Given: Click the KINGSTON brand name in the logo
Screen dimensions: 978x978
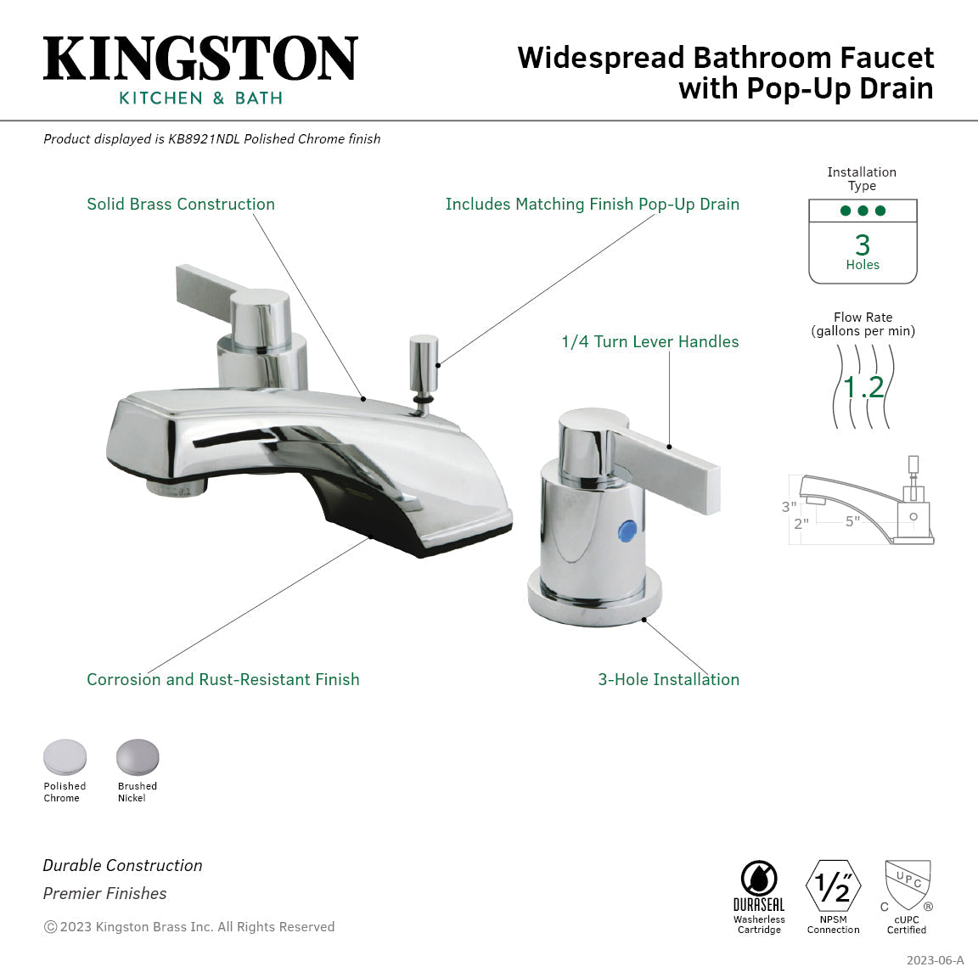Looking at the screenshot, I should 200,59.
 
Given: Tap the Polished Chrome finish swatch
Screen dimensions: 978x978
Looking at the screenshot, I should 65,756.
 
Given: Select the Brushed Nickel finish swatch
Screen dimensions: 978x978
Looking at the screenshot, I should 138,756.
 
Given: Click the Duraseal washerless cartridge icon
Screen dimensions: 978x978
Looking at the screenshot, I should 759,880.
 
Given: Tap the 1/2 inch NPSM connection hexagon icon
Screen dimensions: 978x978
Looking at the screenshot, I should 833,886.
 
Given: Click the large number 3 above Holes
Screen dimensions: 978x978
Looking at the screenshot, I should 863,245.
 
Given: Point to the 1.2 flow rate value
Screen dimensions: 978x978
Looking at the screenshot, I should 863,387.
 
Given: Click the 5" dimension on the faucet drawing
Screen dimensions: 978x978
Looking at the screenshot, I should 852,521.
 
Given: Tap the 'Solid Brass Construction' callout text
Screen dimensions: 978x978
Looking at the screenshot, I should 181,205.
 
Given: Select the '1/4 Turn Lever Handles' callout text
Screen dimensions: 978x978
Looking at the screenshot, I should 649,342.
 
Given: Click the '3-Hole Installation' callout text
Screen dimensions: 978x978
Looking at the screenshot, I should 668,679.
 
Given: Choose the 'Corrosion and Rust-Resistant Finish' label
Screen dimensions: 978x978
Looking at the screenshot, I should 223,679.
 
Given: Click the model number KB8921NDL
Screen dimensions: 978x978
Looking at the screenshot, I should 204,139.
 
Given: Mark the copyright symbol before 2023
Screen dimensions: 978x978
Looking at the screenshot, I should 50,927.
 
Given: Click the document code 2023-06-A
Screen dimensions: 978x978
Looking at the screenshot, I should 935,960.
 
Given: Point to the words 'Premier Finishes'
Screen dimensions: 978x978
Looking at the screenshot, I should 105,893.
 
